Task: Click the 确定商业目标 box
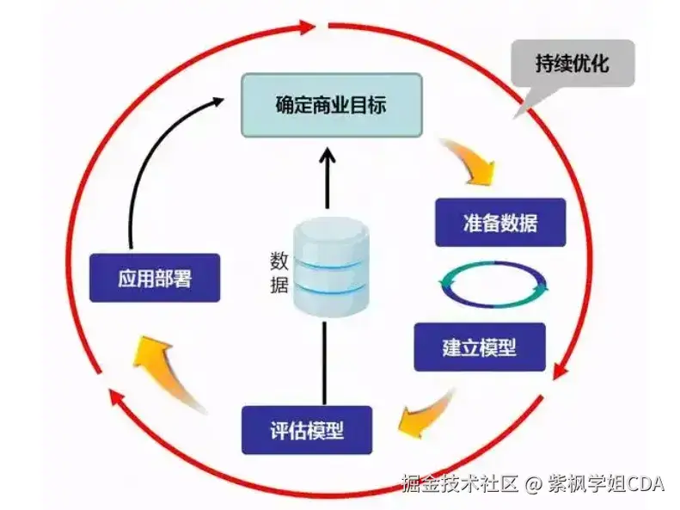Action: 331,105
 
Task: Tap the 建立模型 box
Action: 479,347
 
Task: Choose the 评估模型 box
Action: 307,429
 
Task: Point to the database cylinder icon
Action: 328,266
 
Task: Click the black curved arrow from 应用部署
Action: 146,163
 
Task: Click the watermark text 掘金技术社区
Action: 461,484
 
